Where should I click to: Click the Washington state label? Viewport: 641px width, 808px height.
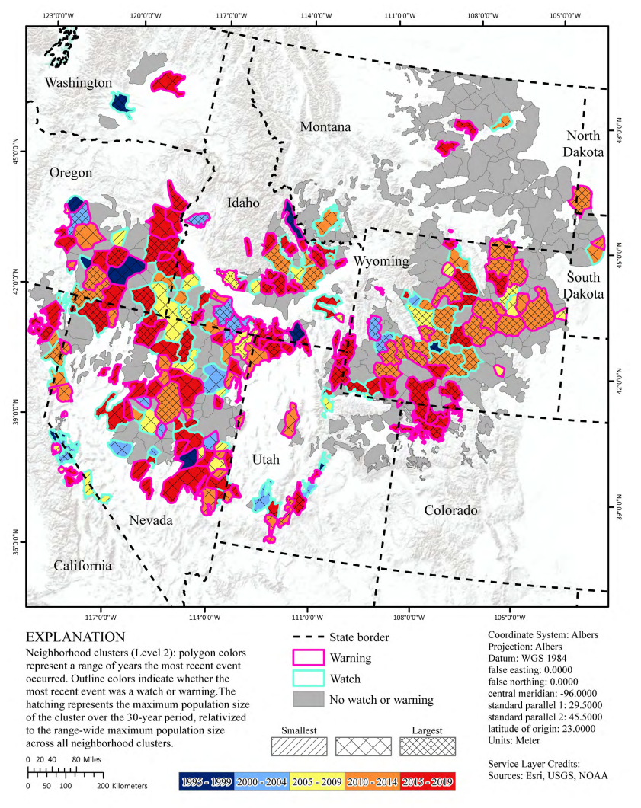78,82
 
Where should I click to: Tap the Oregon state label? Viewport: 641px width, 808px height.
71,173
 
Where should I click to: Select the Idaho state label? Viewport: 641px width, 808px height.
244,203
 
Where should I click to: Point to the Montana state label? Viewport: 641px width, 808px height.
325,126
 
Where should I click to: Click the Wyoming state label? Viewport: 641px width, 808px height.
381,261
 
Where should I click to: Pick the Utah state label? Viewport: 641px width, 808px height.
266,460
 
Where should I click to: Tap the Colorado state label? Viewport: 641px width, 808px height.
451,509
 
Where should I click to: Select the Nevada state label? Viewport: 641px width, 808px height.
150,520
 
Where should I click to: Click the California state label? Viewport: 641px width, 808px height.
82,565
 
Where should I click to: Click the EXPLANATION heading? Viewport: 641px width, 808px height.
75,636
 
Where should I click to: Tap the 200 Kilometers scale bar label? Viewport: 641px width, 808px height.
123,784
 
